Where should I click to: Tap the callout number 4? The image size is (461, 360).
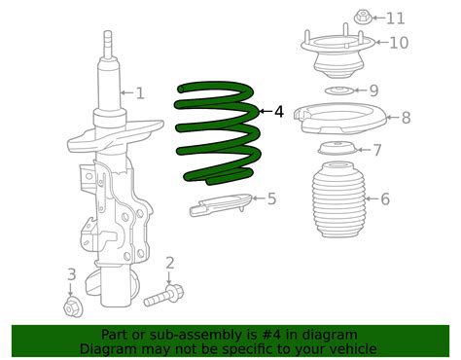(x=279, y=112)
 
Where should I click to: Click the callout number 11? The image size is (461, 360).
(x=395, y=18)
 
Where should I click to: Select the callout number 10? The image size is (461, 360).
(x=399, y=42)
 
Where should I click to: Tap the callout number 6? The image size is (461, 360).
(x=385, y=199)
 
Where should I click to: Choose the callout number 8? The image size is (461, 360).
(x=406, y=118)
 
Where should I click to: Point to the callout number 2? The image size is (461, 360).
(x=169, y=262)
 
